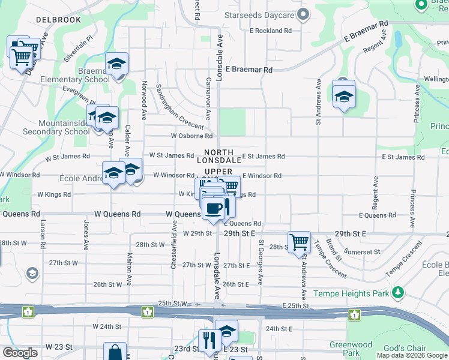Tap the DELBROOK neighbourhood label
[x=58, y=20]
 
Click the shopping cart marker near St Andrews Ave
[x=299, y=242]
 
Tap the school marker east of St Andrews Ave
[x=343, y=95]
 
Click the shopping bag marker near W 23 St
[x=115, y=353]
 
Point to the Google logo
[x=20, y=353]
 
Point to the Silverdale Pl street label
[x=79, y=47]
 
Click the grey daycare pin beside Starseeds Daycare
[x=304, y=14]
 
